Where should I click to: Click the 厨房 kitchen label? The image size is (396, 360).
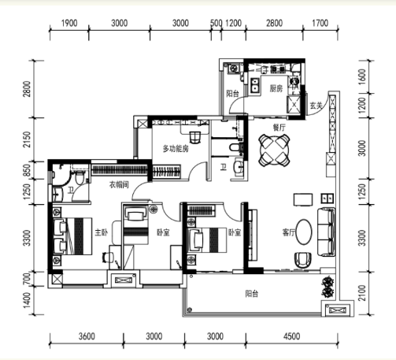(x=276, y=88)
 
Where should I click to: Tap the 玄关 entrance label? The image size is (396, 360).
(x=316, y=106)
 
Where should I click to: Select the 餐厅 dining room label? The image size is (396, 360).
(x=279, y=128)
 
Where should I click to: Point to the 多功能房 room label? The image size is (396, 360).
(x=176, y=149)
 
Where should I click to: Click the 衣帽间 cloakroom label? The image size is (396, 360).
(x=119, y=184)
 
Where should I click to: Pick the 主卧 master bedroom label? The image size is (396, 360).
(x=102, y=232)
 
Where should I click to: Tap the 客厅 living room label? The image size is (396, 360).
(x=289, y=232)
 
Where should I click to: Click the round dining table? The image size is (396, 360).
(x=275, y=150)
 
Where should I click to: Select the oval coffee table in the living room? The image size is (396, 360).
(x=304, y=232)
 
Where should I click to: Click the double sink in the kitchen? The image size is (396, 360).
(x=254, y=85)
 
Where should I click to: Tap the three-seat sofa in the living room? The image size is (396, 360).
(x=327, y=232)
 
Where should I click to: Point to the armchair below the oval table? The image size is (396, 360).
(x=303, y=260)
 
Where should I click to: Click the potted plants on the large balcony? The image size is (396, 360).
(x=328, y=288)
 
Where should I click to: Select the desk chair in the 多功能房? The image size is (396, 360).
(x=194, y=137)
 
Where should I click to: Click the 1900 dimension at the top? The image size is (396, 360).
(x=69, y=24)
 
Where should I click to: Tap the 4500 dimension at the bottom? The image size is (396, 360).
(x=291, y=336)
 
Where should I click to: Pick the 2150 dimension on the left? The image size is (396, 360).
(x=27, y=139)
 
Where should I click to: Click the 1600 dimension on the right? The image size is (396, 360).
(x=362, y=76)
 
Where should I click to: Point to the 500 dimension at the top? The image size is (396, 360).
(x=217, y=24)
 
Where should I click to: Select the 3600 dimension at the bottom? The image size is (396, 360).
(x=87, y=336)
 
